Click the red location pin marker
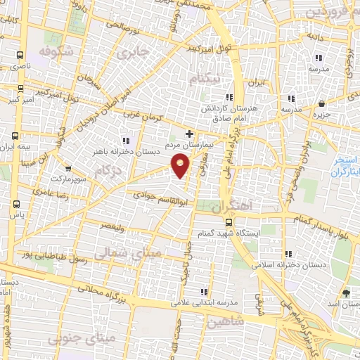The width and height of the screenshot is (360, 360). click(x=181, y=164)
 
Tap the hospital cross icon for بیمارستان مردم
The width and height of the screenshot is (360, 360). click(x=188, y=133)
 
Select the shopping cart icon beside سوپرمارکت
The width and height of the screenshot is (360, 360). click(x=67, y=169)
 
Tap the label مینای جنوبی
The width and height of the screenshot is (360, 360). click(x=73, y=339)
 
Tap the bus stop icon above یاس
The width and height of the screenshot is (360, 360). click(x=16, y=204)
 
